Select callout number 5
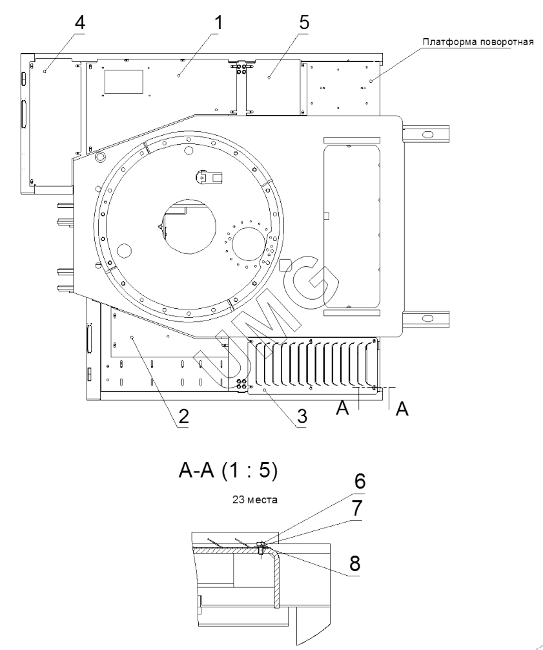304,21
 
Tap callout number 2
183,417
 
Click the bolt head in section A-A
261,543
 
